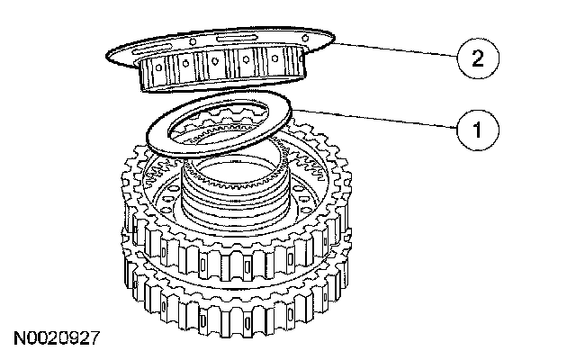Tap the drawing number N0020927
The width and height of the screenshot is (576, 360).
tap(56, 339)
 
